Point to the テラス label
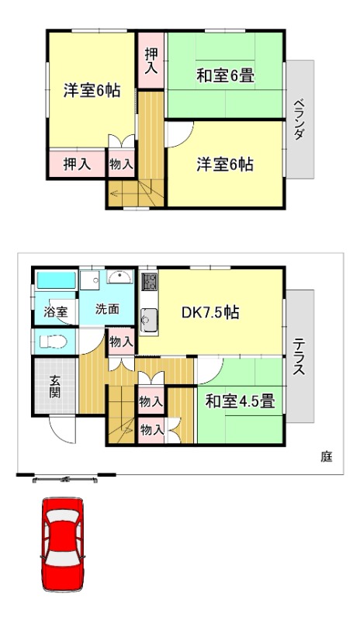pyautogui.click(x=298, y=356)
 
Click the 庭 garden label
pyautogui.click(x=326, y=456)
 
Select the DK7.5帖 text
pyautogui.click(x=209, y=313)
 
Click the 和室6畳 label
pyautogui.click(x=226, y=76)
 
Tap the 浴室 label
pyautogui.click(x=55, y=312)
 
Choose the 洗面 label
pyautogui.click(x=107, y=308)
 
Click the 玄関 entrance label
pyautogui.click(x=56, y=386)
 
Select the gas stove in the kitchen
pyautogui.click(x=149, y=283)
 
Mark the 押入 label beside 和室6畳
pyautogui.click(x=151, y=60)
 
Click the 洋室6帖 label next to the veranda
pyautogui.click(x=225, y=165)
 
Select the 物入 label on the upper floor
pyautogui.click(x=120, y=165)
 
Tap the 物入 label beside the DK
pyautogui.click(x=120, y=342)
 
